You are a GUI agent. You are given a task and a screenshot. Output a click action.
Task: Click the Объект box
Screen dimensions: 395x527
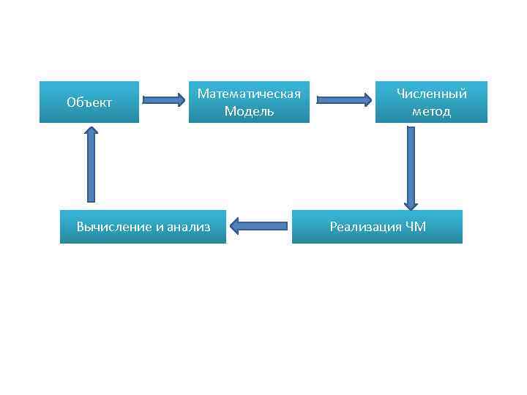tap(89, 102)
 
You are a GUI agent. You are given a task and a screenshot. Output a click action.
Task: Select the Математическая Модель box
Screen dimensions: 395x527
tap(249, 102)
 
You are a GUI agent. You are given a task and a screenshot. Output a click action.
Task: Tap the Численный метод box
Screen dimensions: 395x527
tap(431, 102)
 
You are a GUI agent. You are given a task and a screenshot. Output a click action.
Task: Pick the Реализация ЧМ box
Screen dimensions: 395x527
tap(377, 227)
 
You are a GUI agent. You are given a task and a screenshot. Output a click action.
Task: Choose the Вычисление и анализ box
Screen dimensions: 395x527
tap(143, 227)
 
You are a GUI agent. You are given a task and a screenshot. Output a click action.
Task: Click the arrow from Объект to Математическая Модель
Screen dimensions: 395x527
tap(164, 100)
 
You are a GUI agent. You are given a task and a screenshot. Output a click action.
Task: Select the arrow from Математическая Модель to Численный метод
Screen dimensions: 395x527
tap(344, 100)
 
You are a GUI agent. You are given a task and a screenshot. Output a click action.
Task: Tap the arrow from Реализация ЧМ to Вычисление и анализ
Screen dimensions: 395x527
tap(258, 227)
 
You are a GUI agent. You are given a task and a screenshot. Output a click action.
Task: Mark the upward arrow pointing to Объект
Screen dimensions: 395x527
tap(91, 164)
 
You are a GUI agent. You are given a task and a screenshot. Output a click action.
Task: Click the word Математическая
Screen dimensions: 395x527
tap(249, 94)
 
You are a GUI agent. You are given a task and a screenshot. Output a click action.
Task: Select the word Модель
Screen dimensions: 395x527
tap(249, 111)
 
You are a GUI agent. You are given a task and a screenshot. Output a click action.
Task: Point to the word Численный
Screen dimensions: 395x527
tap(431, 94)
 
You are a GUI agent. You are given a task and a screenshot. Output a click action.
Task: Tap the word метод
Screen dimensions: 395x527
tap(431, 111)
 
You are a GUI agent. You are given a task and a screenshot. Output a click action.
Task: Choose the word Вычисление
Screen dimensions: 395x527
tap(113, 227)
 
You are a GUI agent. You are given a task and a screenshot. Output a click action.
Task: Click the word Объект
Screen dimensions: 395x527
tap(89, 102)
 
